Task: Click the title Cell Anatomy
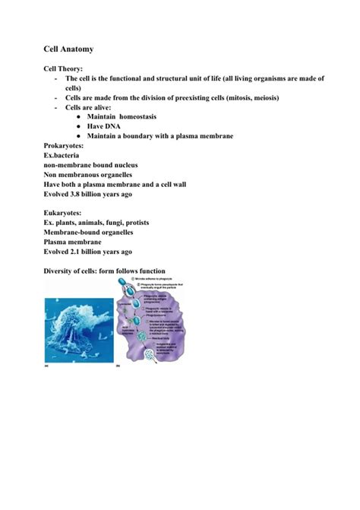click(x=68, y=49)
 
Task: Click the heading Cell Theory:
click(x=63, y=68)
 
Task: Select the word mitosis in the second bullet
click(x=242, y=97)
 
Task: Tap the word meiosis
click(x=269, y=97)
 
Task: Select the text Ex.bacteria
click(x=62, y=155)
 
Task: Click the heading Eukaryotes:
click(x=65, y=214)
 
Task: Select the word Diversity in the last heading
click(x=60, y=271)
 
